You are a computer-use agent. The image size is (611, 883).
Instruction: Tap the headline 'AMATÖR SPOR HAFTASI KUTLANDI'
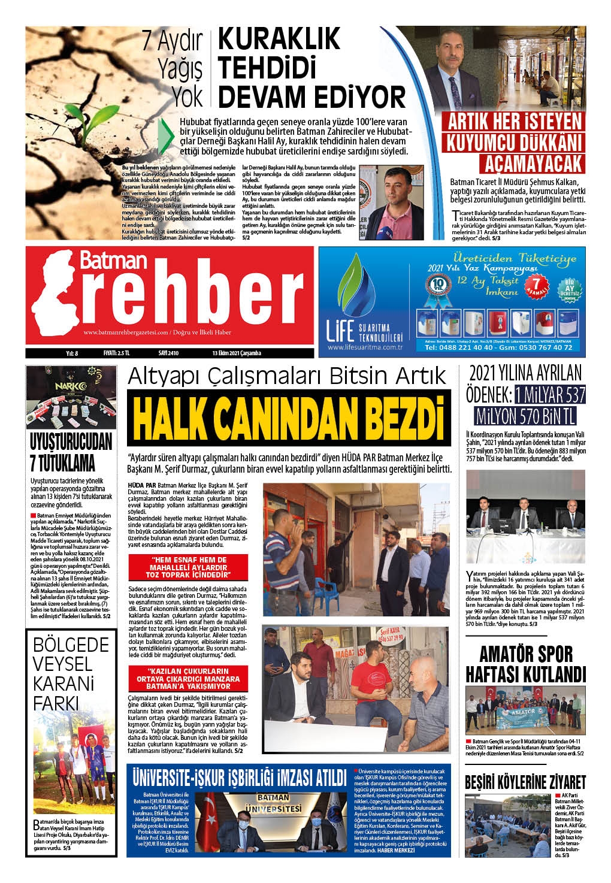(525, 663)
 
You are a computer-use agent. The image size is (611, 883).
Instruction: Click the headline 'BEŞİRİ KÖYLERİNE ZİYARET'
(525, 782)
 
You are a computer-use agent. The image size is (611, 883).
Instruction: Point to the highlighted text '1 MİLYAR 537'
(549, 394)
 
